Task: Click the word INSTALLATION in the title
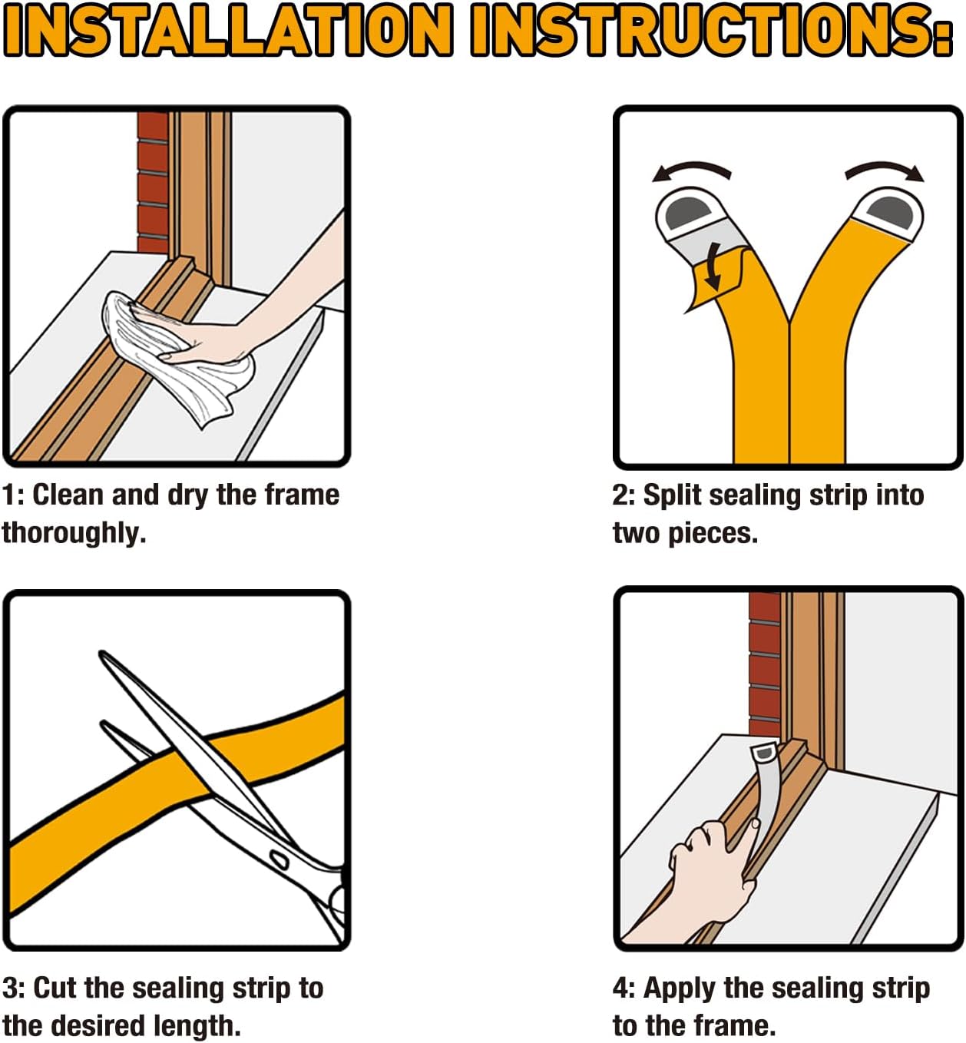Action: pos(228,30)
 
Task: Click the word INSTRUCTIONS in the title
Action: pos(711,30)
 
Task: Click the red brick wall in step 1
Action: pos(152,184)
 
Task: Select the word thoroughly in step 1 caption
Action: pos(73,532)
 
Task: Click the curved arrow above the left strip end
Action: pos(691,171)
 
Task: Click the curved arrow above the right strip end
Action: pos(885,171)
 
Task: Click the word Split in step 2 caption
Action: pos(672,495)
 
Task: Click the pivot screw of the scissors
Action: pos(279,859)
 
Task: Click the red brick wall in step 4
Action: pos(764,661)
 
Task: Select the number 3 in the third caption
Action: pos(9,988)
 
